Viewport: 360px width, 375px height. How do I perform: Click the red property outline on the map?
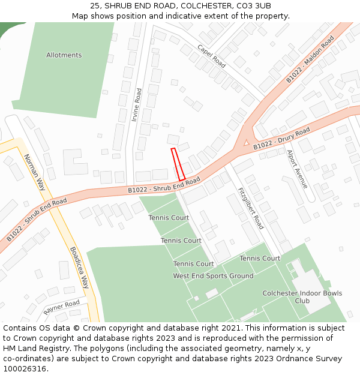click(178, 164)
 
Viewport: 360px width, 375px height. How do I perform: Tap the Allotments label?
click(64, 55)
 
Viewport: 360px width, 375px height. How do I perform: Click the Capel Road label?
click(211, 56)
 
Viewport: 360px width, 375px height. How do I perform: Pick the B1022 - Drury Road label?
click(281, 139)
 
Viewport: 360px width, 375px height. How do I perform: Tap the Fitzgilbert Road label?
click(251, 207)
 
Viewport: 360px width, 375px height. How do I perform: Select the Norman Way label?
click(34, 172)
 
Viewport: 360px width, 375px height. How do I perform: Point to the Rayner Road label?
click(61, 307)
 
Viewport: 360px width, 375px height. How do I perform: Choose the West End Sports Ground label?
click(213, 276)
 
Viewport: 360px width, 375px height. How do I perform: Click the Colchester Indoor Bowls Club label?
click(302, 297)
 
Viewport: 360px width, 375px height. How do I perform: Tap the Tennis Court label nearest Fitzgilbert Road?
click(260, 259)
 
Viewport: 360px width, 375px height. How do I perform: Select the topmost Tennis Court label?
click(169, 218)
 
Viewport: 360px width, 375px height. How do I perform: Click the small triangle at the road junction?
click(246, 142)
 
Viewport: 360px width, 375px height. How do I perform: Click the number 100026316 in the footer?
click(25, 369)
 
